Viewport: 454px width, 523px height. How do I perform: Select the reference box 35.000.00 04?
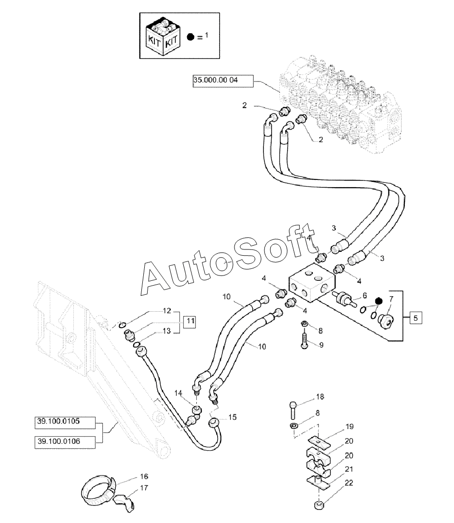223,81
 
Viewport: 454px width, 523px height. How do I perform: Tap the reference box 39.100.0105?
65,422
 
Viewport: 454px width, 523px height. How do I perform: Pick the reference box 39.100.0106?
65,442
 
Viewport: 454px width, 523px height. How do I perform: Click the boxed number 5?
415,318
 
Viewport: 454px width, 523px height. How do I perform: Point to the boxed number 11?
191,321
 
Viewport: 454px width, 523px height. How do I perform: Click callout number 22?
349,482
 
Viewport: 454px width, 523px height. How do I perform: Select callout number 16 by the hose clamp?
144,476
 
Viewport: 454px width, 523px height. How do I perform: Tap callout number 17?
144,488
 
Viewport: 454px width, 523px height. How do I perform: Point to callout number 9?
321,344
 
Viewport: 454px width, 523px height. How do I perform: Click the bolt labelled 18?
292,410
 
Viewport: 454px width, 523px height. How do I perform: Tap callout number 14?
178,393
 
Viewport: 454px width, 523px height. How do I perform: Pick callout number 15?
232,417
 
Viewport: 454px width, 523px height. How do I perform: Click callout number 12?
167,311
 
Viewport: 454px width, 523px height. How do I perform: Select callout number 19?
349,427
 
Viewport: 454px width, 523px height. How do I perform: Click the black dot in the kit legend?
191,37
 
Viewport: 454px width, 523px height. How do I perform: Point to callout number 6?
365,295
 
